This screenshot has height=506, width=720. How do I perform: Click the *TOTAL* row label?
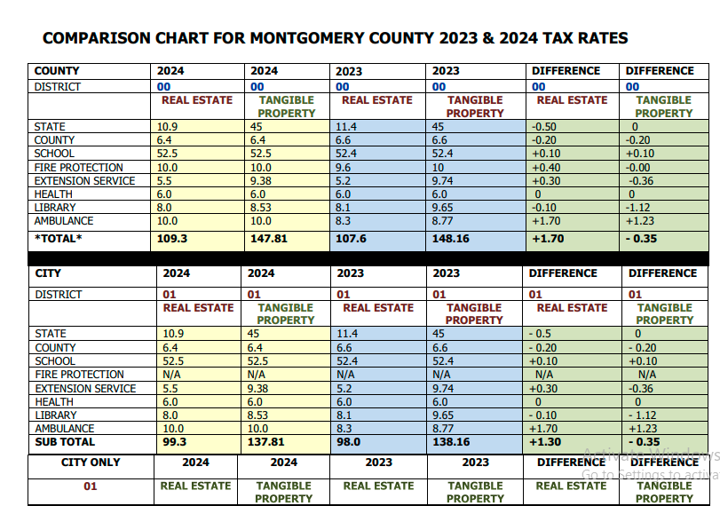(x=58, y=239)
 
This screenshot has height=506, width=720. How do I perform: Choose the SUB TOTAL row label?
(x=64, y=442)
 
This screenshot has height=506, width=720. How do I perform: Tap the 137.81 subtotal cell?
(x=267, y=442)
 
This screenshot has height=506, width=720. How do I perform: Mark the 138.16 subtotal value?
(x=452, y=442)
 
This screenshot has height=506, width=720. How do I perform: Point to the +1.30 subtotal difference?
(x=546, y=442)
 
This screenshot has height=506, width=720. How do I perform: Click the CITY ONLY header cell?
(x=90, y=463)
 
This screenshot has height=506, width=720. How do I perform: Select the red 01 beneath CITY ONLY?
(x=90, y=486)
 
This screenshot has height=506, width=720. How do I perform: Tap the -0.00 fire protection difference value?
(x=637, y=168)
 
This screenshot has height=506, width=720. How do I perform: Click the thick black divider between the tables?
(x=355, y=258)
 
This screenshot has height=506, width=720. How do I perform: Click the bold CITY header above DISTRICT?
(x=47, y=273)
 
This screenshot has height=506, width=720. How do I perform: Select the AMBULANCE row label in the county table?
(x=63, y=221)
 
